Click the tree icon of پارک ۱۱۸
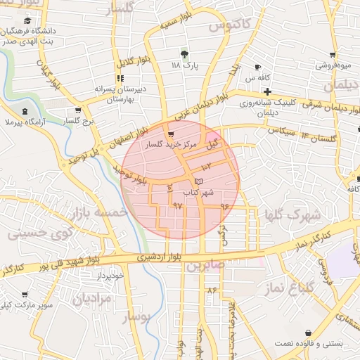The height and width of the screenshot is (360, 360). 185,53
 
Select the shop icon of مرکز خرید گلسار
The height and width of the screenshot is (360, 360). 170,134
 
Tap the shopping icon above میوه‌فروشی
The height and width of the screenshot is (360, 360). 332,54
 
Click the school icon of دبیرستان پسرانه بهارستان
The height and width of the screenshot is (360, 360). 119,79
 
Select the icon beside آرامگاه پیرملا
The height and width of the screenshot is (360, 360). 25,112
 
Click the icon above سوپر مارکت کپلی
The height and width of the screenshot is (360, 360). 25,295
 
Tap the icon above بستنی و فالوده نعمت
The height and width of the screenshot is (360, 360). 308,333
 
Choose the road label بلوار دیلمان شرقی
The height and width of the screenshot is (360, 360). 317,105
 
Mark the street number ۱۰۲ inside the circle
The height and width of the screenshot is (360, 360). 207,167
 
